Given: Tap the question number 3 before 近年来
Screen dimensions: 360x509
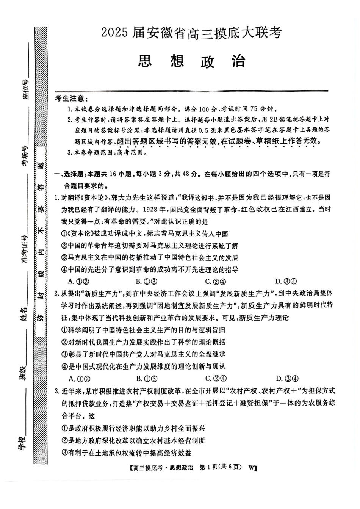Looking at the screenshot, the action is point(56,391).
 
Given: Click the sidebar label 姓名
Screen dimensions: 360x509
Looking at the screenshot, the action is point(24,313).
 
